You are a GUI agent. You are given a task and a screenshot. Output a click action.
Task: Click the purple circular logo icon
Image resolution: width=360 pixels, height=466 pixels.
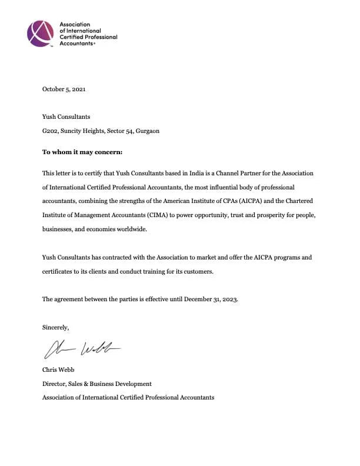point(41,34)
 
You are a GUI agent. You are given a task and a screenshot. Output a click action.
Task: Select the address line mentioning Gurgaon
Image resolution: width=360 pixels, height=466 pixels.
point(101,131)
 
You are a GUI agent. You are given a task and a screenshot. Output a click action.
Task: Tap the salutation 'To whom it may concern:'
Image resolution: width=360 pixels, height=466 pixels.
point(82,152)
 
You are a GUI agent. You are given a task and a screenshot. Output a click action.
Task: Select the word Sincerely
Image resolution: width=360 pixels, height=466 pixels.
point(56,327)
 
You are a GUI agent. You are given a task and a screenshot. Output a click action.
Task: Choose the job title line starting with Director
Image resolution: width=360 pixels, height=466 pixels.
point(97,384)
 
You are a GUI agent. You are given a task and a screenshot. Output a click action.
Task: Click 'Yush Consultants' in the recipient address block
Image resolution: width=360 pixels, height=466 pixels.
point(66,117)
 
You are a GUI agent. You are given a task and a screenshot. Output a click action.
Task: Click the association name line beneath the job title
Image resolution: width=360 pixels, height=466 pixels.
point(128,398)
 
